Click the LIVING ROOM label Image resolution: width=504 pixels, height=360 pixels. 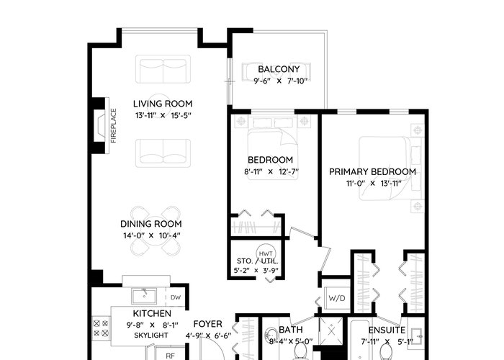point(163,104)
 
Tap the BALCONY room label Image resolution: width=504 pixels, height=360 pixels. point(279,69)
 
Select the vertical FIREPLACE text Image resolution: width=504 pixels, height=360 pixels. point(114,126)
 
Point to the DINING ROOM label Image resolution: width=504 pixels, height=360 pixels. point(150,224)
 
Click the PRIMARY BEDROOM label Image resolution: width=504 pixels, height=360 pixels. point(372,171)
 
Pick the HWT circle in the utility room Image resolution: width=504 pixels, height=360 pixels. point(266,254)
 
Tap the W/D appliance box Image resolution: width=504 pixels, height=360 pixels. point(336,298)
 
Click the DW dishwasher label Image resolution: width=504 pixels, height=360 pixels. point(176,297)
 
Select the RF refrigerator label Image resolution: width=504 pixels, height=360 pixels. point(170,356)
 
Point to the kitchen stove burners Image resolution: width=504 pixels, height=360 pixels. point(101,328)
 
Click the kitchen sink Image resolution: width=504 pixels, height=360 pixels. point(144,297)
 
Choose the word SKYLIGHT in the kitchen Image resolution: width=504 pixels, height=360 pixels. point(151,336)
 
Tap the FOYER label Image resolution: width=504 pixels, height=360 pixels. point(207,324)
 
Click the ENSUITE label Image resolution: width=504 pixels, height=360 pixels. point(387,330)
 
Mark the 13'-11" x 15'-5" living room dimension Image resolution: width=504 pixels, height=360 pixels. point(163,115)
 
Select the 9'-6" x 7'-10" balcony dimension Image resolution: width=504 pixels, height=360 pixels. point(279,81)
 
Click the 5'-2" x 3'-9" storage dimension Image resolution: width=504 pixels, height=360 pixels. point(256,270)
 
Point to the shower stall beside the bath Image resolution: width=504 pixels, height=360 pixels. point(331,330)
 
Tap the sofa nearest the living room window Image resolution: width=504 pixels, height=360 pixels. point(163,69)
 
